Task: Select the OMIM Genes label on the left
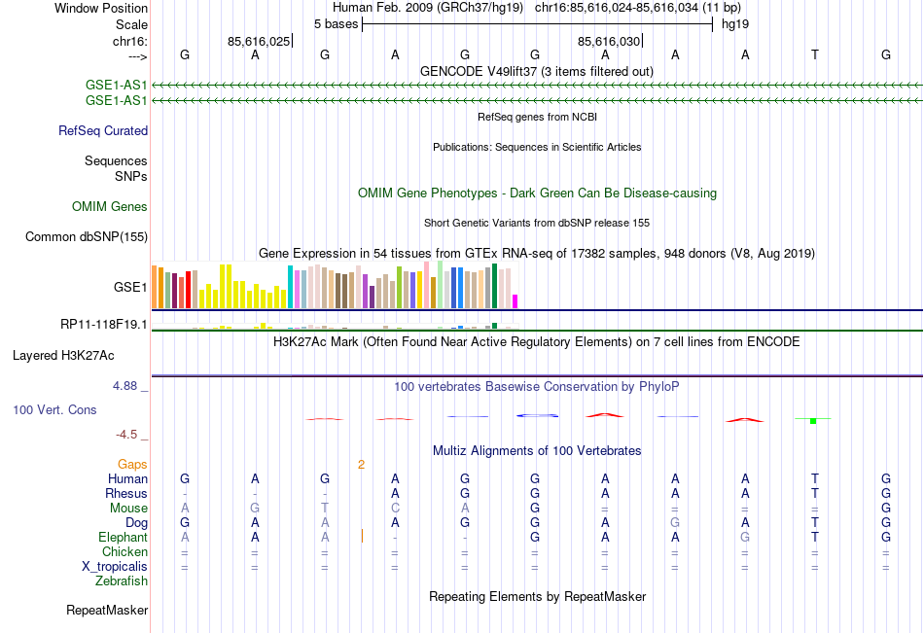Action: [x=110, y=206]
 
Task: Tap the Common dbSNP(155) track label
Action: [x=87, y=236]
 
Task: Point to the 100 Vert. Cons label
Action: [x=54, y=409]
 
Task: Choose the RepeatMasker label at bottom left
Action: [x=107, y=611]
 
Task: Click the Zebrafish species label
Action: [x=122, y=581]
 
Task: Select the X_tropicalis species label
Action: [x=115, y=566]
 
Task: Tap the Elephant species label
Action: [x=123, y=537]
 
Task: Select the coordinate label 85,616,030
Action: [x=609, y=41]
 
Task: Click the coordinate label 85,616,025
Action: [x=259, y=41]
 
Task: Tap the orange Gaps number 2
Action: [x=361, y=464]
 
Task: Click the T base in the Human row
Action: [x=815, y=478]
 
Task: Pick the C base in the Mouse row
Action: [x=395, y=508]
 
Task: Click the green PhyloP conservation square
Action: [x=812, y=420]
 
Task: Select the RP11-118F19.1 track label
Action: [x=104, y=325]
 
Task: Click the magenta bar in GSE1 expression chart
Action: [x=515, y=301]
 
